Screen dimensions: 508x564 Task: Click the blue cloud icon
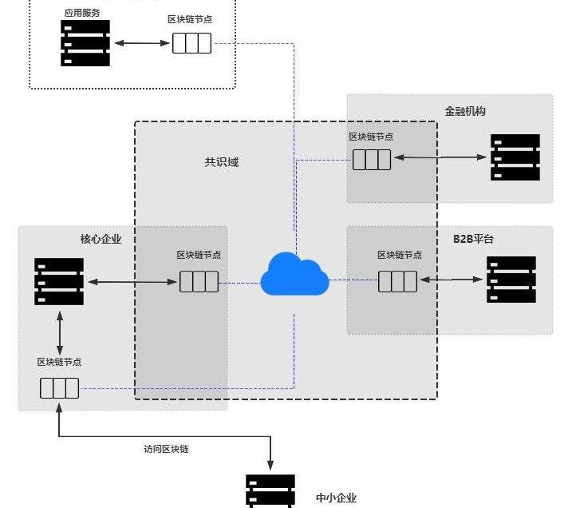tap(294, 274)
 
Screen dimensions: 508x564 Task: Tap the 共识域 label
tap(221, 162)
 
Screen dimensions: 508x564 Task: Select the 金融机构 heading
tap(465, 111)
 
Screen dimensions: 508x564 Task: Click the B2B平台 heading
tap(474, 239)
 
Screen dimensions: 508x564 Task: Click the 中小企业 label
tap(336, 498)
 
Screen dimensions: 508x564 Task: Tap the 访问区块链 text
tap(166, 449)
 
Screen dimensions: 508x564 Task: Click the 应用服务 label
tap(82, 14)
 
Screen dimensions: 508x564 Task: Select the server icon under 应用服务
tap(85, 43)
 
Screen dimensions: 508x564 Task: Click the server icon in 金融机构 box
tap(515, 157)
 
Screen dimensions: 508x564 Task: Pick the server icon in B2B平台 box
tap(511, 280)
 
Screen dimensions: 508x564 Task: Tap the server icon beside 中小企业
tap(270, 491)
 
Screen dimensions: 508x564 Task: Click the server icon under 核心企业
tap(59, 281)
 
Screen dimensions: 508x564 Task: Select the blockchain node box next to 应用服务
tap(192, 42)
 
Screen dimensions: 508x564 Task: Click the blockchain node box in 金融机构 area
tap(372, 160)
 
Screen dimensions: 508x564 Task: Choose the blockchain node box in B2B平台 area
tap(397, 281)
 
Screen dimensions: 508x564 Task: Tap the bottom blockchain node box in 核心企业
tap(60, 388)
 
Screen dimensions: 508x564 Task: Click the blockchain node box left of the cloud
tap(199, 281)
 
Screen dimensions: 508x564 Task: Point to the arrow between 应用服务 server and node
tap(141, 42)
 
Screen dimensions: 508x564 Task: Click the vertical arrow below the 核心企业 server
tap(60, 334)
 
